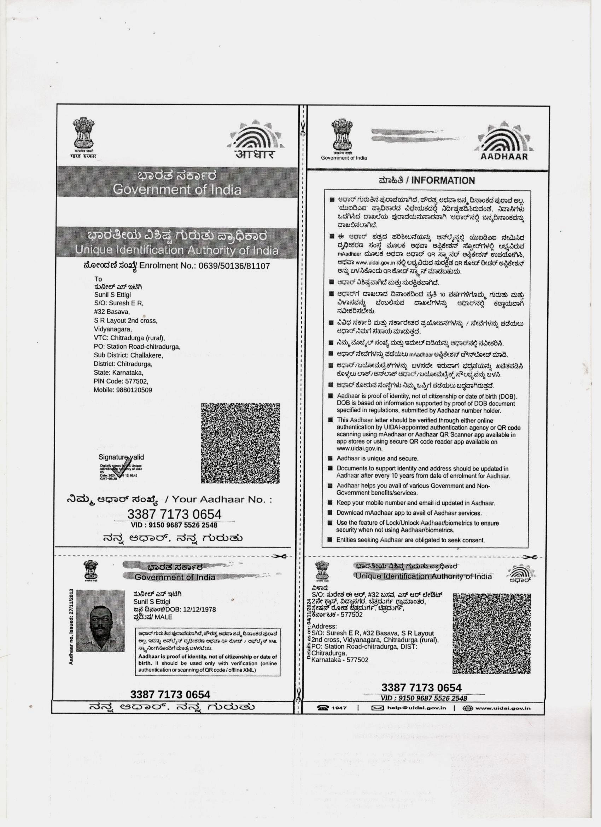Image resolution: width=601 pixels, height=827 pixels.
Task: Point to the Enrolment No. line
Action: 177,266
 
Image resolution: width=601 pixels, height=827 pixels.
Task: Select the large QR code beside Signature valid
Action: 240,443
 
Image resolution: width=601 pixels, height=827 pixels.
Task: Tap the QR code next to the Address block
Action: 492,634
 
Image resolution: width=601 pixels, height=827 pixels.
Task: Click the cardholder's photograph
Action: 100,621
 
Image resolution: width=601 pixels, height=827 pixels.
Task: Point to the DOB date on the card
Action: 200,609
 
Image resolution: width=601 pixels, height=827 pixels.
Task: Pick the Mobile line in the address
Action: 123,390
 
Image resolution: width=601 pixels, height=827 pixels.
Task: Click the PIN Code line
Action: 121,381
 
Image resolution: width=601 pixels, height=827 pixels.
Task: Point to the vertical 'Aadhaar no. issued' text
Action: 71,626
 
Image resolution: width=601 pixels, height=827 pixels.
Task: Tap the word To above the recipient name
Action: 98,279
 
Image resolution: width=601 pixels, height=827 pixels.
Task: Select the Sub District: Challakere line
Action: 128,355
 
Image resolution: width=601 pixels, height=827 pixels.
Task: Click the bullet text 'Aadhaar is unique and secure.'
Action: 377,458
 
